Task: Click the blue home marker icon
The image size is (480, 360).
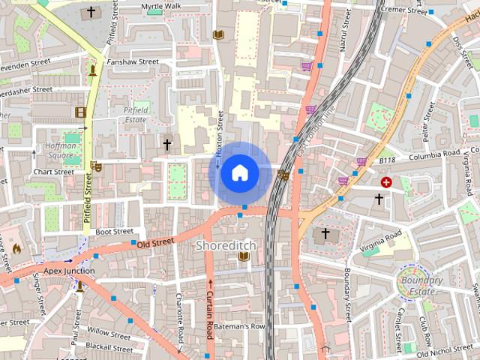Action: pos(239,173)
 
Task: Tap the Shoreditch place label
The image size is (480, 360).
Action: pos(226,245)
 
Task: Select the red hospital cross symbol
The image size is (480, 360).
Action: pos(386,182)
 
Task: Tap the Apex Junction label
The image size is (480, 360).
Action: pos(69,271)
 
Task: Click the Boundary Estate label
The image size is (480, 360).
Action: pos(421,286)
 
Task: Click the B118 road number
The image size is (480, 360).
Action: pos(386,160)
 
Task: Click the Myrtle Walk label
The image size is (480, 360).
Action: pos(161,6)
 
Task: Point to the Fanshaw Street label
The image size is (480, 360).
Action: pos(133,62)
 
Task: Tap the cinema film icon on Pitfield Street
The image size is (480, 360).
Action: pos(80,112)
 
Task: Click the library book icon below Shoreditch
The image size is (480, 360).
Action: pos(243,257)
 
